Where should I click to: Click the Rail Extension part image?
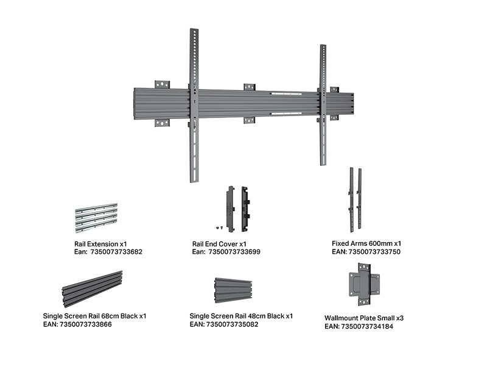[x=96, y=218]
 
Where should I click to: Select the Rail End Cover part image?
[x=237, y=209]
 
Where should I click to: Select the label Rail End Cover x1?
[x=219, y=243]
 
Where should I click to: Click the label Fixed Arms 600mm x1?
[x=366, y=243]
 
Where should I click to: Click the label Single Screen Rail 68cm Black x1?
[x=94, y=316]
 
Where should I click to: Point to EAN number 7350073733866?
[x=85, y=325]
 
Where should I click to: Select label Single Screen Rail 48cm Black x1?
[x=241, y=316]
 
